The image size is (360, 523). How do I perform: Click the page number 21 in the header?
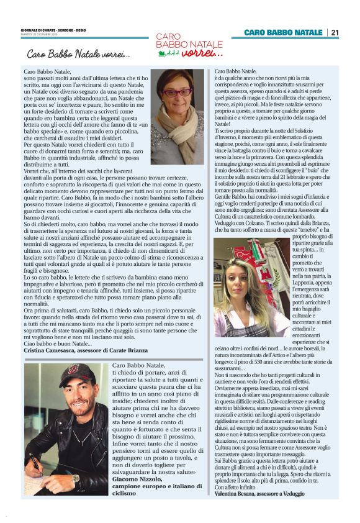point(335,32)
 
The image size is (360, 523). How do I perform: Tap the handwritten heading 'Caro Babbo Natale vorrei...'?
point(78,55)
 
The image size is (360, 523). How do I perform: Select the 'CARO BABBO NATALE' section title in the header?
point(284,32)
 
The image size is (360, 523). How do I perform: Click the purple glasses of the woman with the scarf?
point(177,93)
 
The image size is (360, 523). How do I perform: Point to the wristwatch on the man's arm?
point(74,478)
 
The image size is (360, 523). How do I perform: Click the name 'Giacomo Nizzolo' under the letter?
point(138,479)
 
